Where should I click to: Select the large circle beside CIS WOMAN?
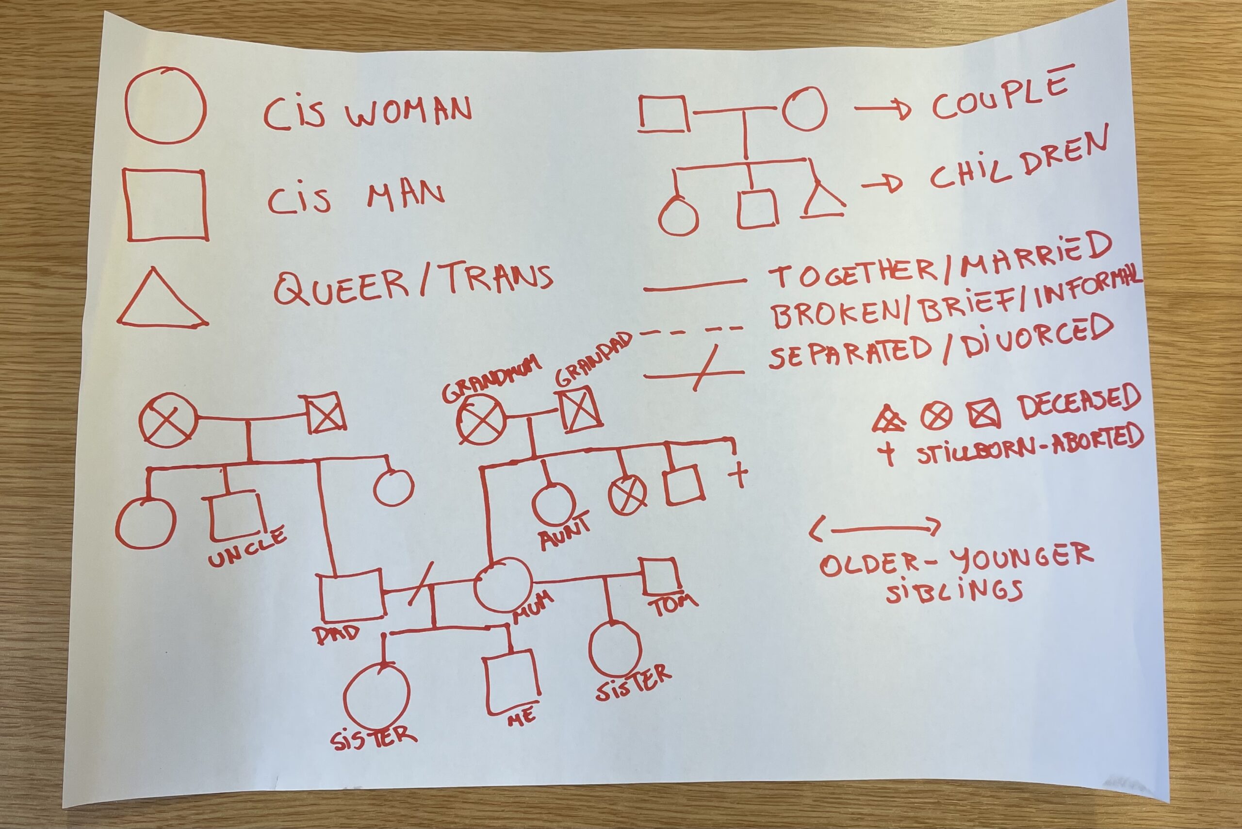pyautogui.click(x=165, y=106)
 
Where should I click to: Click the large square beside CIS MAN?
pyautogui.click(x=166, y=206)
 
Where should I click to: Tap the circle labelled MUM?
pyautogui.click(x=502, y=585)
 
